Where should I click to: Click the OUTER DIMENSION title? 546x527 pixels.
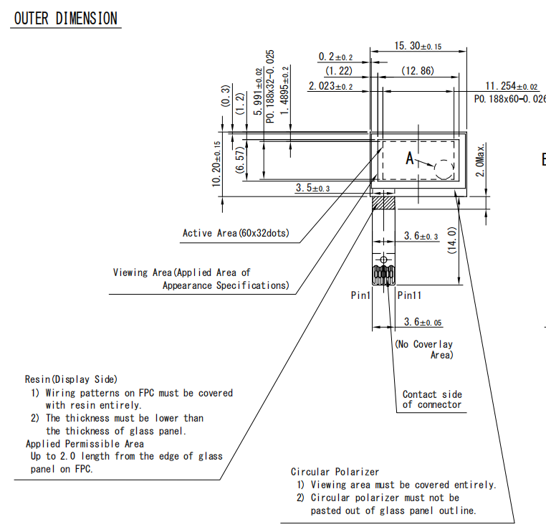click(65, 19)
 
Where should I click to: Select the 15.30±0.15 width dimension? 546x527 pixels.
click(418, 46)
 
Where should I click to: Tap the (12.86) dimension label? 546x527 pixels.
click(418, 70)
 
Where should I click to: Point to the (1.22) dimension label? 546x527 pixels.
click(339, 70)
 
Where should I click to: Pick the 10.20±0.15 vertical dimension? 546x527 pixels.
click(216, 164)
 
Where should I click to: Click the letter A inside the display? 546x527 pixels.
click(411, 159)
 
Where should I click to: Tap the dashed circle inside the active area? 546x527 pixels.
click(444, 168)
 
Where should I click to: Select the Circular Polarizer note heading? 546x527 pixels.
click(335, 472)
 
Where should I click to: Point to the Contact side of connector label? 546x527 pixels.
click(432, 399)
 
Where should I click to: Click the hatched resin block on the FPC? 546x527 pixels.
click(385, 202)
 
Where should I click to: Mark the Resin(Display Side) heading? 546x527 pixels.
click(71, 379)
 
